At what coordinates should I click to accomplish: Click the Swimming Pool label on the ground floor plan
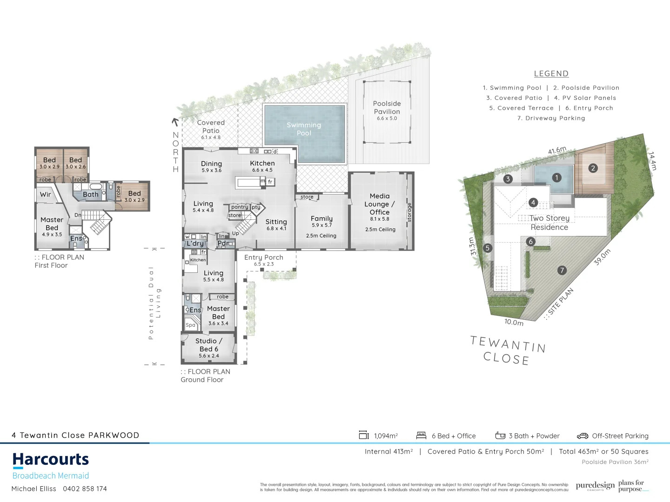(304, 129)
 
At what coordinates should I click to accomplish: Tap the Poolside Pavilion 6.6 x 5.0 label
(387, 110)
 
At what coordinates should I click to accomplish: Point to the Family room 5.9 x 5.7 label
(322, 221)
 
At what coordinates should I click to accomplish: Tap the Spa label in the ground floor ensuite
(191, 325)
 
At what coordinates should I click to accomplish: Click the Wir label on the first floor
(46, 194)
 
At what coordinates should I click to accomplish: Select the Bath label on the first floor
(91, 194)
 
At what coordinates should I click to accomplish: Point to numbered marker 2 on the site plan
(593, 168)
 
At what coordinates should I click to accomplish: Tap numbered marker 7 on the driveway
(562, 270)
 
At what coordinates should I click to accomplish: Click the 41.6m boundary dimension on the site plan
(557, 151)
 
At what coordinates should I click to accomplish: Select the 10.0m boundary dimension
(514, 322)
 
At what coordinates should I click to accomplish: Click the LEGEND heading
(551, 73)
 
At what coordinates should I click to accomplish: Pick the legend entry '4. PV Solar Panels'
(585, 98)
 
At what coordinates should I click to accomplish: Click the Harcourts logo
(51, 460)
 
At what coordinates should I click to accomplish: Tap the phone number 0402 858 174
(85, 489)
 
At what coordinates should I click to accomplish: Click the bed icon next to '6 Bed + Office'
(421, 436)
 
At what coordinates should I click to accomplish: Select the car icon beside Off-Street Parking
(583, 436)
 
